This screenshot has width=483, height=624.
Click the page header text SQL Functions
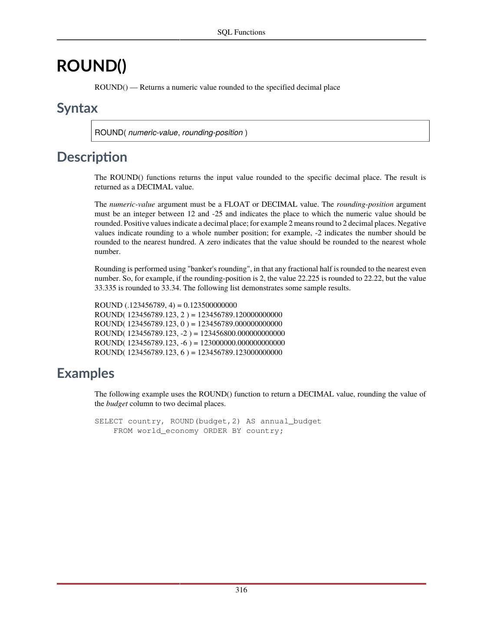click(x=241, y=32)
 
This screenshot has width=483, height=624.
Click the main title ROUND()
click(x=92, y=66)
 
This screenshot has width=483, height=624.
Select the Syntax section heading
click(x=77, y=108)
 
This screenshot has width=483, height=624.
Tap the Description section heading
click(x=92, y=157)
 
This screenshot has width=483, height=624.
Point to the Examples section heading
click(x=85, y=373)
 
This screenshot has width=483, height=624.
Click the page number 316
click(x=241, y=590)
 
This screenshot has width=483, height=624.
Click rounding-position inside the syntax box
click(x=212, y=133)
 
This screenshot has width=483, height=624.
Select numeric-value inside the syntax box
click(x=153, y=133)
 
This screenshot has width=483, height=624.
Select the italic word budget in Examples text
click(x=117, y=403)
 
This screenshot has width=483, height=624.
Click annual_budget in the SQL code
click(x=291, y=421)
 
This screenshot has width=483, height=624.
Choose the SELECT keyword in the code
click(x=108, y=421)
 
